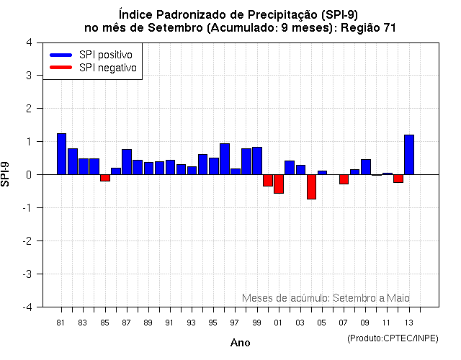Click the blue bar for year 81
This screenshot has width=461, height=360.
tap(61, 154)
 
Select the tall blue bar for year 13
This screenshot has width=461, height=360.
tap(409, 155)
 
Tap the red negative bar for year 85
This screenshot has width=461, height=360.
tap(105, 178)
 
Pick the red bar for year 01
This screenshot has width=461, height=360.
tap(279, 184)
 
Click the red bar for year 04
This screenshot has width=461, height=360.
tap(311, 186)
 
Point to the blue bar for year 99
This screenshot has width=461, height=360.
tap(257, 161)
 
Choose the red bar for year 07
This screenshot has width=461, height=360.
tap(344, 179)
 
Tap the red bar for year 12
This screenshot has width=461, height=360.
tap(398, 179)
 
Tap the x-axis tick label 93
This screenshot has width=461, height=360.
tap(192, 322)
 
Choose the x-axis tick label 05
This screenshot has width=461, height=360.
tap(322, 322)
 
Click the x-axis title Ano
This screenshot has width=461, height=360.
tap(240, 343)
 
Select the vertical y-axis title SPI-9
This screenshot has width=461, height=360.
tap(6, 174)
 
